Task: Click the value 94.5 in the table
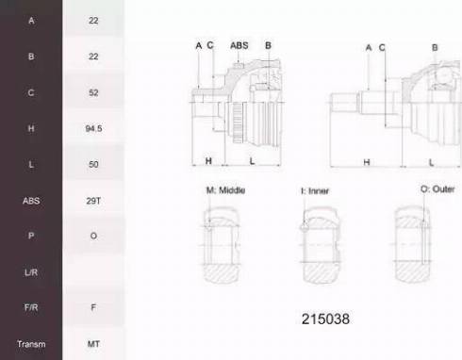click(x=93, y=128)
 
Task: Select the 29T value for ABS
click(x=93, y=201)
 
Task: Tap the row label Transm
click(x=31, y=344)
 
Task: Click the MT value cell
click(x=93, y=344)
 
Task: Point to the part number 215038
click(x=325, y=319)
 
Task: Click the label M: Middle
click(x=225, y=190)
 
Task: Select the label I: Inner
click(x=315, y=190)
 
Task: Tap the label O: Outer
click(x=437, y=189)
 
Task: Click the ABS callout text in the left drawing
click(x=239, y=45)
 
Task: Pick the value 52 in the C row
click(x=93, y=92)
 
